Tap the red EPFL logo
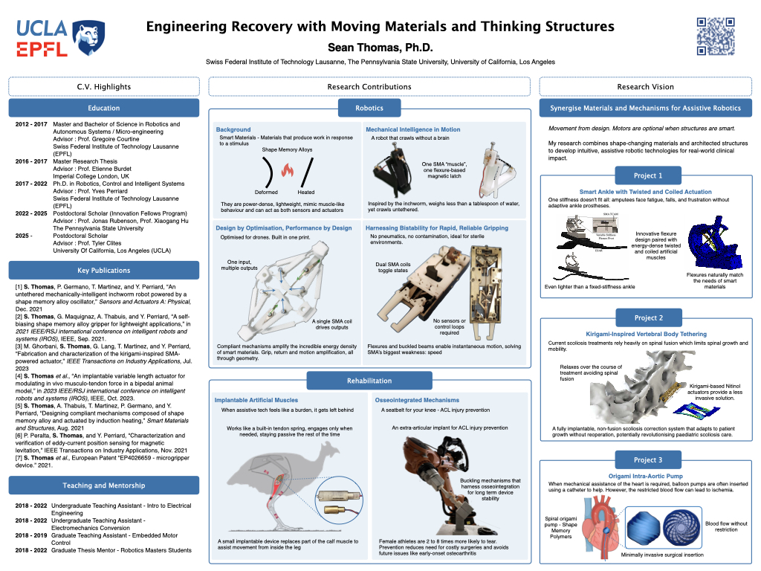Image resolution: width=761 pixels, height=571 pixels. (x=42, y=49)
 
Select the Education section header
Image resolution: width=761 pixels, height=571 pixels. (x=103, y=108)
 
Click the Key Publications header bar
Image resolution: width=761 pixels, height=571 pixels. (x=103, y=271)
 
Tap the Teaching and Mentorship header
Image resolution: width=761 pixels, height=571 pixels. (x=103, y=485)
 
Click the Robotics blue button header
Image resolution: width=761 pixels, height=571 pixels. (x=369, y=108)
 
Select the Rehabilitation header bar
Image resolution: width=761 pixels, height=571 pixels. (x=369, y=381)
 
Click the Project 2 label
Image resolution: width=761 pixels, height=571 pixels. (x=645, y=317)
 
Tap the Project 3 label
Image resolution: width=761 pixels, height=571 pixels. (x=645, y=459)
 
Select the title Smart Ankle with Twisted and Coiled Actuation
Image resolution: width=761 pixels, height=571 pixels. (x=645, y=192)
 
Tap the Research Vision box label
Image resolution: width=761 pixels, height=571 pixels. (x=645, y=86)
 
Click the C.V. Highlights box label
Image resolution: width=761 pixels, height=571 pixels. (x=103, y=86)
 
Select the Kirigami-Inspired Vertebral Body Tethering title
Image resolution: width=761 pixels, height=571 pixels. (x=645, y=335)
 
